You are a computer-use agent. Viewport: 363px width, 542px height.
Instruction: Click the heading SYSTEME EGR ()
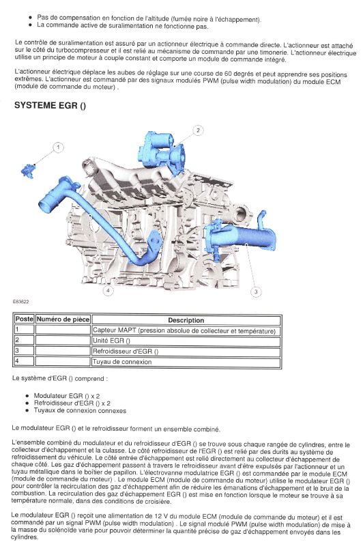click(50, 105)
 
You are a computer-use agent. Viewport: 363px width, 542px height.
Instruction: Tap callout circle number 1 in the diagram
click(59, 147)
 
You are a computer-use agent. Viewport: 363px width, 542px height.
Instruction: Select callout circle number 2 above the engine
click(198, 130)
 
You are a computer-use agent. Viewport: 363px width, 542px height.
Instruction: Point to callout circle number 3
click(256, 291)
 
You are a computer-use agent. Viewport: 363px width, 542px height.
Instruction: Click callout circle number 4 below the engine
click(108, 290)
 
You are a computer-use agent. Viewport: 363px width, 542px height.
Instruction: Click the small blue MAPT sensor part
click(28, 171)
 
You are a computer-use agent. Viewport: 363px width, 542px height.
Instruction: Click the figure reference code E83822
click(20, 302)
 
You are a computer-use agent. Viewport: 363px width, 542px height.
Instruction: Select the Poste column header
click(25, 319)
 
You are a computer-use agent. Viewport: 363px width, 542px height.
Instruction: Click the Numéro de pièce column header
click(63, 319)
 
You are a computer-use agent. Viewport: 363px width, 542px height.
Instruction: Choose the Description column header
click(186, 320)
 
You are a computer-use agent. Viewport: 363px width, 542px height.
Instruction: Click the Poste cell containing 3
click(24, 350)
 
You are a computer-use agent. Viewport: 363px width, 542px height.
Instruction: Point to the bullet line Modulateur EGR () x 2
click(67, 396)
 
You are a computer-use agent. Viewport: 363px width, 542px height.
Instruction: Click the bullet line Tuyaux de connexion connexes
click(80, 411)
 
